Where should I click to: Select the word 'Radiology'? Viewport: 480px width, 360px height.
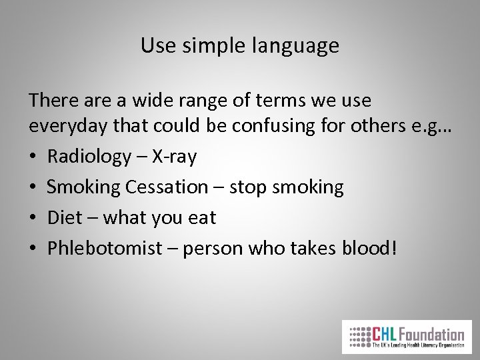tap(89, 157)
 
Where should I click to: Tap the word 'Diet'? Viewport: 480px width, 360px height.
tap(65, 217)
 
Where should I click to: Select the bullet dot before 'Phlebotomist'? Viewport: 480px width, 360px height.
tap(33, 249)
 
